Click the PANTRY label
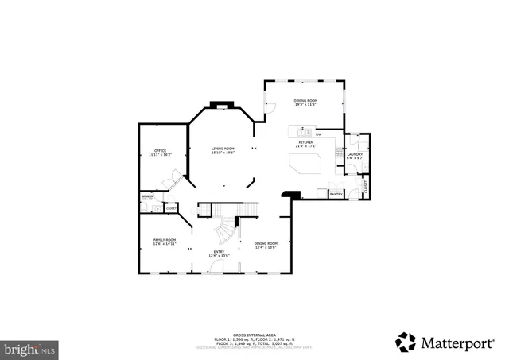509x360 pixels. point(336,193)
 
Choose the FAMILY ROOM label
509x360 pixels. point(165,241)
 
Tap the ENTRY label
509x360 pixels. point(219,253)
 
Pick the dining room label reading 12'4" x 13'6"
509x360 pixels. point(266,245)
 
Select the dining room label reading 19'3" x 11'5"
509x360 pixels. point(306,102)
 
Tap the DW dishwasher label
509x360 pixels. point(318,134)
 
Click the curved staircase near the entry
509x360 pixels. point(226,230)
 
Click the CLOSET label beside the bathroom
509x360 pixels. point(171,208)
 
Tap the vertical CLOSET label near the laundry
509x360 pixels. point(366,188)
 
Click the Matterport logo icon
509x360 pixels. point(406,342)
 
